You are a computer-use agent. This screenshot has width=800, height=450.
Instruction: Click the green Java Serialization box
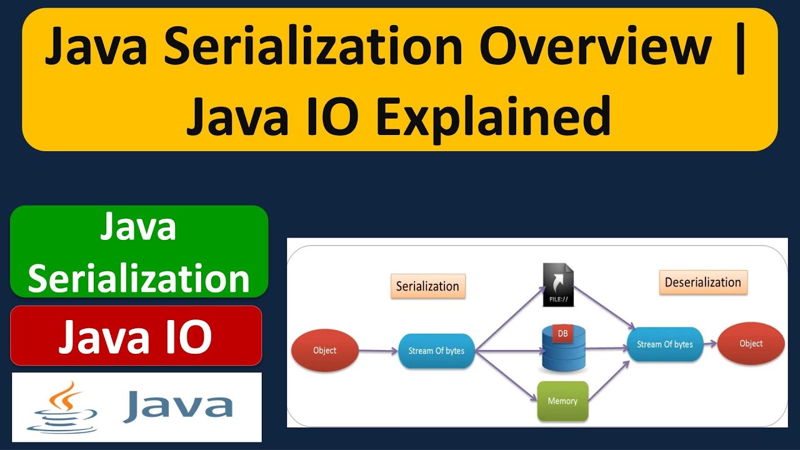click(x=139, y=252)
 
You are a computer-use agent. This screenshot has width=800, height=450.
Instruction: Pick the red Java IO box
click(x=136, y=336)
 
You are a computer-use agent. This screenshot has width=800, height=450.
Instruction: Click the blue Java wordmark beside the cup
click(x=178, y=406)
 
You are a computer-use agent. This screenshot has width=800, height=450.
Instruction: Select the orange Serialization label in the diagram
click(x=427, y=286)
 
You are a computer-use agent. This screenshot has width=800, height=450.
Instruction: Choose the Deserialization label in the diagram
click(x=702, y=282)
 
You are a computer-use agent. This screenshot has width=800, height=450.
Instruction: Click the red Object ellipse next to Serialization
click(x=324, y=351)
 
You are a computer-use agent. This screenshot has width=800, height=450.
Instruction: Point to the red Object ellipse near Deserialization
click(x=751, y=344)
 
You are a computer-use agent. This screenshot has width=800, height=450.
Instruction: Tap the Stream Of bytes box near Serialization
click(x=436, y=351)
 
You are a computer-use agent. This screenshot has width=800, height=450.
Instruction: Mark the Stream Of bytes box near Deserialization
click(x=664, y=344)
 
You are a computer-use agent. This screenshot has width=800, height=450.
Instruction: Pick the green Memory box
click(x=562, y=401)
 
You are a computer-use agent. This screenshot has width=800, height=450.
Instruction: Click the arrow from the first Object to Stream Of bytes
click(x=378, y=351)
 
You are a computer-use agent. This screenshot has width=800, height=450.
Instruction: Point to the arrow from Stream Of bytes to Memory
click(x=506, y=376)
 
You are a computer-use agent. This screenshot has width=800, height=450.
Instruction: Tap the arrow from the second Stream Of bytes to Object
click(x=709, y=344)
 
